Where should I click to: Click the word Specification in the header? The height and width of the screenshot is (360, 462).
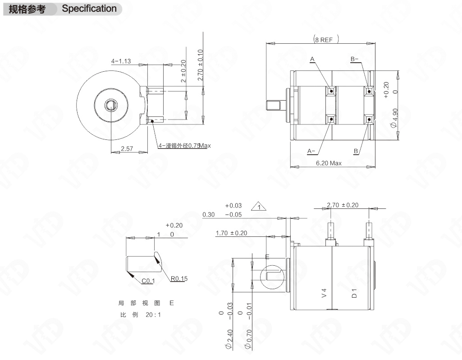(x=89, y=9)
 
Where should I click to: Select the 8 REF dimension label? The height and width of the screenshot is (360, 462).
(x=326, y=40)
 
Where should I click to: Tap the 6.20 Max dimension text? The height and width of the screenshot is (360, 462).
(x=329, y=163)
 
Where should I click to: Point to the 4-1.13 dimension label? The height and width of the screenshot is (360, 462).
(x=121, y=61)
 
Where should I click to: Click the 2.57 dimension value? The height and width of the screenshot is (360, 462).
(x=127, y=148)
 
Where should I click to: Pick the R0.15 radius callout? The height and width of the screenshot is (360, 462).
(x=179, y=279)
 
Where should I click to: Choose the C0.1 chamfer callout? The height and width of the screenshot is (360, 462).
(x=148, y=281)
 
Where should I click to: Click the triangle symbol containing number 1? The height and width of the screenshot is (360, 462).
(x=259, y=206)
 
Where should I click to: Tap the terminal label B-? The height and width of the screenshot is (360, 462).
(x=354, y=59)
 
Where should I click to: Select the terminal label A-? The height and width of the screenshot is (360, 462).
(x=311, y=151)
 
